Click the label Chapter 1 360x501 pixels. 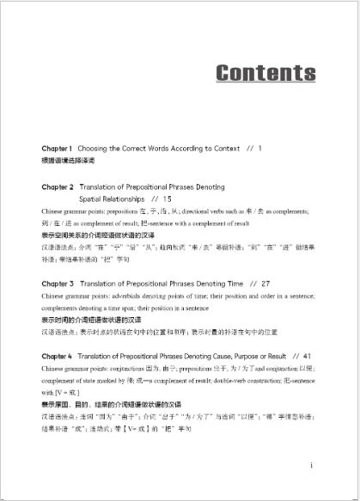click(57, 149)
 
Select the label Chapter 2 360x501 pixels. click(57, 186)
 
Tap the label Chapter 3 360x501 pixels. click(57, 282)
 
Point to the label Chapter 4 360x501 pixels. click(57, 354)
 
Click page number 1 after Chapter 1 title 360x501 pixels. click(259, 149)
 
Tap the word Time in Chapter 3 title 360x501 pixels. click(233, 282)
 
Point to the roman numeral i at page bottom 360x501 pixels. click(309, 465)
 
